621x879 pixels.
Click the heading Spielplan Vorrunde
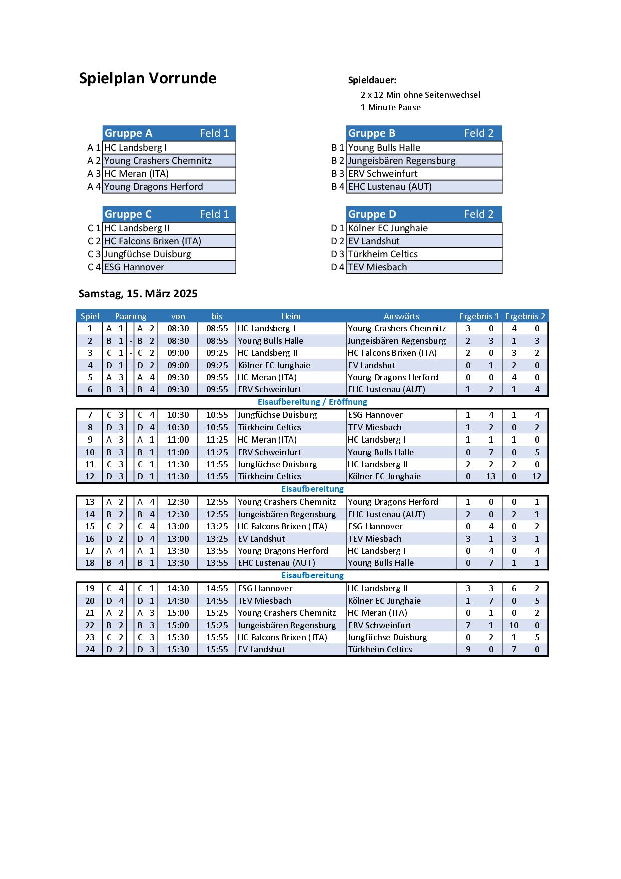coord(148,79)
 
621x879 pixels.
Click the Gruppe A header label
coord(128,133)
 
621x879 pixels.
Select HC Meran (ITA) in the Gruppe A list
coord(136,174)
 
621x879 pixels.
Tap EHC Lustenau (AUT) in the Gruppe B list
coord(390,187)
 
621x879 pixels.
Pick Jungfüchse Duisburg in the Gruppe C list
coord(147,254)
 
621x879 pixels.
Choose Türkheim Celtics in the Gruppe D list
coord(383,254)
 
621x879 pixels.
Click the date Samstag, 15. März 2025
coord(138,294)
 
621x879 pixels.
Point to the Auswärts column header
coord(401,316)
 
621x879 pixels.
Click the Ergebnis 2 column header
coord(525,316)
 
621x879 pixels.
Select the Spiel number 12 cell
coord(90,476)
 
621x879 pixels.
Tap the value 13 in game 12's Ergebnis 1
coord(491,476)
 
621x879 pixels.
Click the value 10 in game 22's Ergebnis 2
coord(514,625)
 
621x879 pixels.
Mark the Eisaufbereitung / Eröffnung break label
coord(312,402)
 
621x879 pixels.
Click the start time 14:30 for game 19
coord(178,588)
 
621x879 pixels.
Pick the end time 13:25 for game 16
coord(217,539)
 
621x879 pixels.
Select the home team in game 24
coord(261,649)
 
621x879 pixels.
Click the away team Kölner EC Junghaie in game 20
coord(384,601)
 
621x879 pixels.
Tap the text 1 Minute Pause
coord(390,107)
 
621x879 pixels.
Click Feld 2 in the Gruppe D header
coord(479,214)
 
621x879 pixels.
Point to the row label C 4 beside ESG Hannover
coord(94,267)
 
